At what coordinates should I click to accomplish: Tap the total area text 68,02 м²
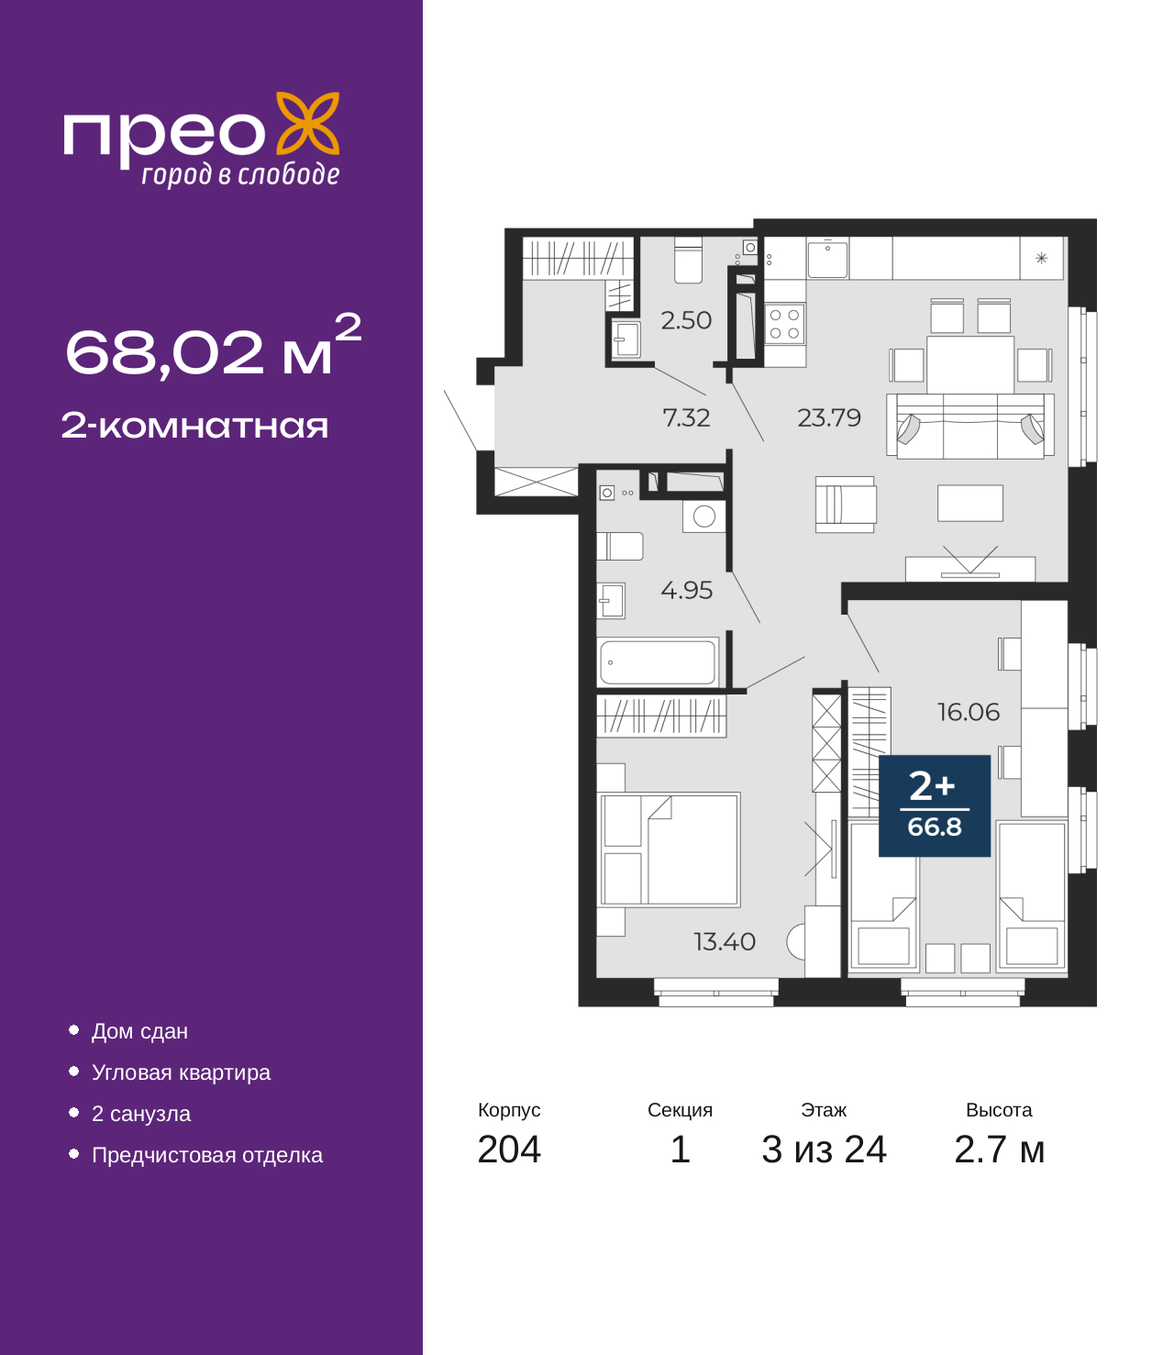[212, 349]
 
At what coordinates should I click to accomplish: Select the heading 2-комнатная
[194, 426]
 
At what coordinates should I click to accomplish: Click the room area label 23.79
[828, 417]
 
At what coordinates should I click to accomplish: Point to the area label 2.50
[686, 320]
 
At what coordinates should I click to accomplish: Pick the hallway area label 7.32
[686, 417]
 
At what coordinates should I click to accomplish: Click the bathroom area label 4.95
[686, 590]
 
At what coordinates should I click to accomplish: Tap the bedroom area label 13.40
[724, 941]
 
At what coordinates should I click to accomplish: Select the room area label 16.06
[968, 712]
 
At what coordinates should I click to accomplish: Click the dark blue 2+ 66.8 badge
[934, 805]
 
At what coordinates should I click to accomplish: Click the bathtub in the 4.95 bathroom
[658, 661]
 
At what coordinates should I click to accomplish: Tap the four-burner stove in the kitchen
[784, 324]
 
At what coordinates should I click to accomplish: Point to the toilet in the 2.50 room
[688, 261]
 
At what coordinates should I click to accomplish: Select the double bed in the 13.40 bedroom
[670, 849]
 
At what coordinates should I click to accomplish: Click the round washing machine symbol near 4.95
[704, 516]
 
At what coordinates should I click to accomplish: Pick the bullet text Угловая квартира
[181, 1072]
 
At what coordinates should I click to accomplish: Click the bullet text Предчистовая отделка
[206, 1155]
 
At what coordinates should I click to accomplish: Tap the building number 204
[509, 1150]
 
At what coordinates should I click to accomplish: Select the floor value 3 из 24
[824, 1150]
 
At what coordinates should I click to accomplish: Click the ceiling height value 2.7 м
[999, 1150]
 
